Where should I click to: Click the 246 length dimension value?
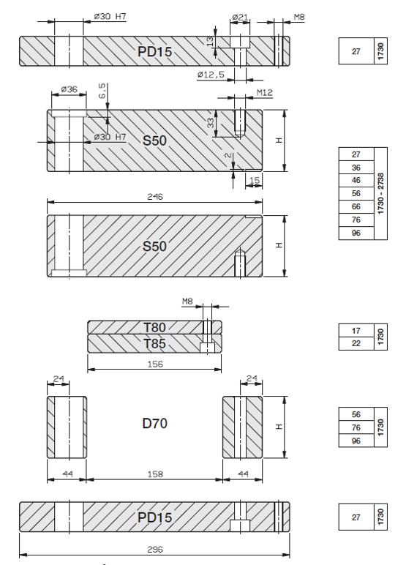coord(155,197)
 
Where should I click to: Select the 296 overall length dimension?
coord(155,550)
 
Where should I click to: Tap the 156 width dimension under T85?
coord(155,364)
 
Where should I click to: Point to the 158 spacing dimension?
coord(155,474)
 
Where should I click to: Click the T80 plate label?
coord(154,328)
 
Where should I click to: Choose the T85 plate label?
coord(154,344)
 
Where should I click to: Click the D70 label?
coord(155,424)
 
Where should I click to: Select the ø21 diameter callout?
coord(240,17)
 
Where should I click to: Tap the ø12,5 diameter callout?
coord(211,75)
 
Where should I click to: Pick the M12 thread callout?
coord(264,93)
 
